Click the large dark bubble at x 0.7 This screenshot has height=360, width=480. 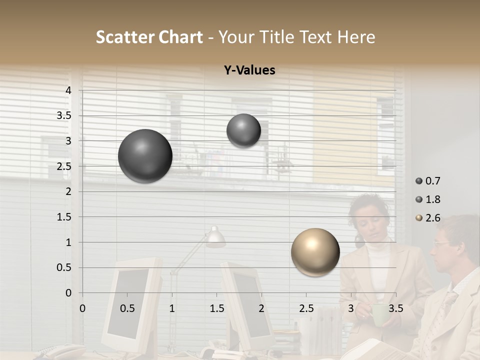point(145,156)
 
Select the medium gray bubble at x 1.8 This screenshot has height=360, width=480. point(243,130)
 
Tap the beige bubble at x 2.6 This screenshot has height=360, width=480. point(315,252)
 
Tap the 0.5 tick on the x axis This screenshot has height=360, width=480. point(127,308)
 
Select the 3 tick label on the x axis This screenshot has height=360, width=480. point(350,308)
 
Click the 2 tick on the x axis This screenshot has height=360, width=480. point(261,308)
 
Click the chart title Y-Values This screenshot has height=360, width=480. point(249,70)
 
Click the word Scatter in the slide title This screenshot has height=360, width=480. point(125,37)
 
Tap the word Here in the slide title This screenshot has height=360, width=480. point(356,37)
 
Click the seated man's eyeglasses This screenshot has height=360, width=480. point(443,243)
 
